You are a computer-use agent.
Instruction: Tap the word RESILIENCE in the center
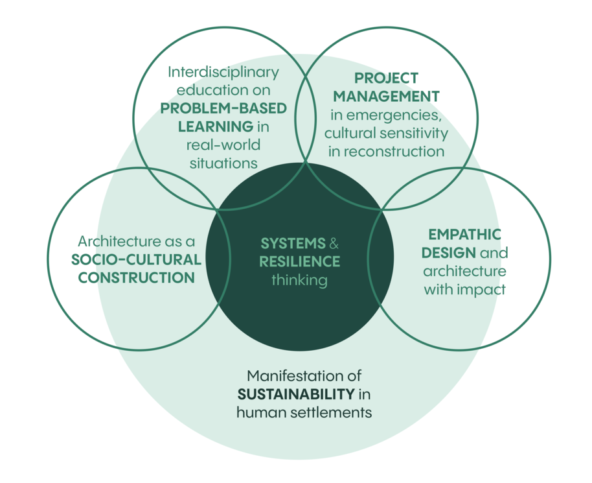[x=299, y=262]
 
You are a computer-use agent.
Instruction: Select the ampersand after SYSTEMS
[x=334, y=244]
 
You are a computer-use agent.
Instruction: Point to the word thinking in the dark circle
[x=299, y=281]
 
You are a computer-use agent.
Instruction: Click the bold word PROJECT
[x=385, y=78]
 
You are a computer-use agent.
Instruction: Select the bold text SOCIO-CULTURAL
[x=137, y=260]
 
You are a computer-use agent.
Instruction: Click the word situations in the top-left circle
[x=223, y=162]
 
